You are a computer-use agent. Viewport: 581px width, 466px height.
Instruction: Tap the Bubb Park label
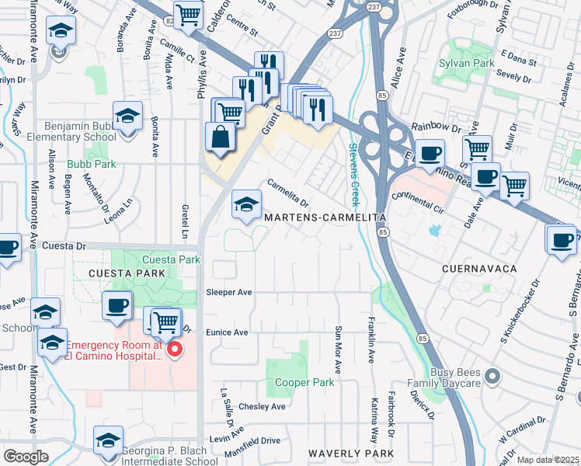(91, 164)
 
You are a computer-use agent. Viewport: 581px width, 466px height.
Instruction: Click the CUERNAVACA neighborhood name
(479, 268)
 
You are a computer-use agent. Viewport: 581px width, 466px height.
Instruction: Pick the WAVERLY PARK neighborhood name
(350, 453)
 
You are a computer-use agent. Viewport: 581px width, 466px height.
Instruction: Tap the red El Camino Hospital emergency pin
(175, 349)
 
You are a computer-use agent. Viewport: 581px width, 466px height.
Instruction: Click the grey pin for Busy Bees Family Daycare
(491, 377)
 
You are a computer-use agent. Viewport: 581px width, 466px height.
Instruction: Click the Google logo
(26, 457)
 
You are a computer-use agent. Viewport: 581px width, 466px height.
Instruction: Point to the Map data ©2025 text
(548, 460)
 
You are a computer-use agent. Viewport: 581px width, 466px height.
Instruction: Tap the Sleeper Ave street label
(229, 293)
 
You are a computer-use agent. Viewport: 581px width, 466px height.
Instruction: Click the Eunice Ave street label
(227, 332)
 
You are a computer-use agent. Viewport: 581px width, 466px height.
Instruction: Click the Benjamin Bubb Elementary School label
(68, 130)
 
